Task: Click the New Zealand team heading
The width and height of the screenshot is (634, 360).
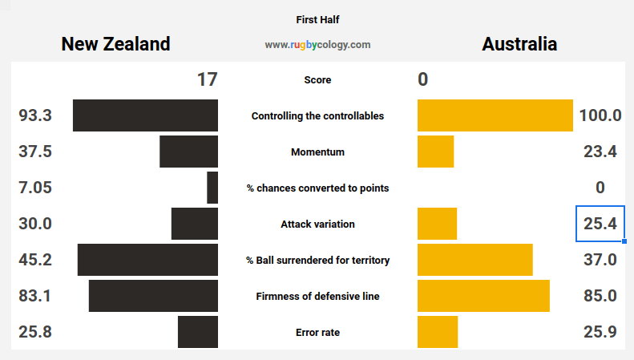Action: [x=115, y=44]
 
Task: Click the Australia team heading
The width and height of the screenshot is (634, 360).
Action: [x=519, y=44]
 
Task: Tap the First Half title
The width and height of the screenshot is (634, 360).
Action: [x=317, y=20]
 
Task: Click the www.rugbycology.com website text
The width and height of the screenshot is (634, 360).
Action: [x=317, y=44]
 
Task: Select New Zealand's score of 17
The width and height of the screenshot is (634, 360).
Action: [x=208, y=79]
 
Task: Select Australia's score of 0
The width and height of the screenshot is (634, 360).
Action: [x=423, y=79]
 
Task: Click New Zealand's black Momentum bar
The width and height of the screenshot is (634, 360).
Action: [x=189, y=152]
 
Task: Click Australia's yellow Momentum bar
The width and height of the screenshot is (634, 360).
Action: [x=436, y=152]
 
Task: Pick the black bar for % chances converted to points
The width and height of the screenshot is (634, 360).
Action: [x=212, y=188]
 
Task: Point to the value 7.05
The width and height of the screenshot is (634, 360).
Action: [x=35, y=188]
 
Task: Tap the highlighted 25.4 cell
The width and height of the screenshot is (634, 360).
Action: [x=600, y=224]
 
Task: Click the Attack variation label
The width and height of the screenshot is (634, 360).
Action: [x=318, y=224]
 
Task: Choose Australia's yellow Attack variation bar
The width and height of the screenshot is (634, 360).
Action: [x=437, y=224]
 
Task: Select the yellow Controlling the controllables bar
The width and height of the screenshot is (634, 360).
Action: [x=495, y=115]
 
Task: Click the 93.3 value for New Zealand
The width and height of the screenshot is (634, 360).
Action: [x=35, y=115]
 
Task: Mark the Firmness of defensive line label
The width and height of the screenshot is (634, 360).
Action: [x=318, y=296]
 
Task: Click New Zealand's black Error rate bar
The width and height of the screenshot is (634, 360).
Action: [x=198, y=332]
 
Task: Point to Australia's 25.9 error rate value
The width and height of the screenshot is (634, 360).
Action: [x=600, y=332]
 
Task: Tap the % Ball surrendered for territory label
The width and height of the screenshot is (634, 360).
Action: [x=318, y=260]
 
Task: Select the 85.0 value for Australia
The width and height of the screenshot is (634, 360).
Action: [x=600, y=296]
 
